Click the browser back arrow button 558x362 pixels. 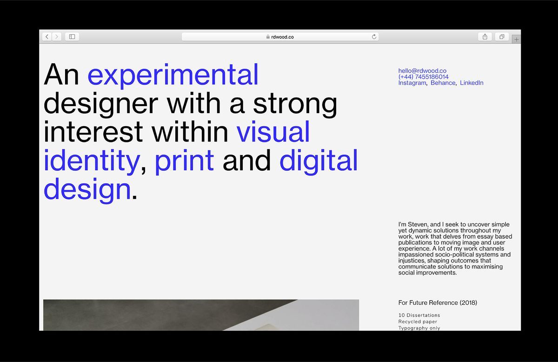47,36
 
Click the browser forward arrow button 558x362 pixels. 57,36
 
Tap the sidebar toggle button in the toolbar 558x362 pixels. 72,36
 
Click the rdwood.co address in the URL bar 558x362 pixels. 282,37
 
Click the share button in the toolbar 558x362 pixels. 485,36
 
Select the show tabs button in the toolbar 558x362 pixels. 502,36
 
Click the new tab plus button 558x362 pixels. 516,40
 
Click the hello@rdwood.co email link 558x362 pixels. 422,71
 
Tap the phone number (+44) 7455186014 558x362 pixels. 423,77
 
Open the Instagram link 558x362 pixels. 412,83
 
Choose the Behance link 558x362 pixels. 443,83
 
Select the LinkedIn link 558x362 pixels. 472,83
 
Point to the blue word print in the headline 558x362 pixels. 184,161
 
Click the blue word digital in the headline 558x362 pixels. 319,161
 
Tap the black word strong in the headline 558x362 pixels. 295,104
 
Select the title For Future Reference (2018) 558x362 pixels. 438,302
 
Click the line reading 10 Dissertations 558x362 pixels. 419,315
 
